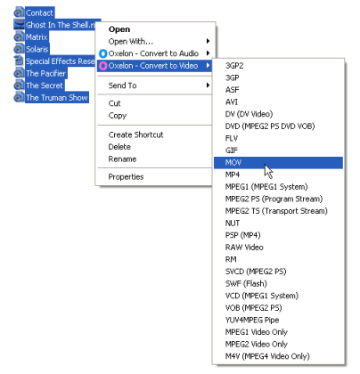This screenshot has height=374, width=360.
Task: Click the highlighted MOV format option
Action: [233, 162]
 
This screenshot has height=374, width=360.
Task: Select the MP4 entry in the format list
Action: [233, 175]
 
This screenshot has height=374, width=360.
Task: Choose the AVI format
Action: [232, 102]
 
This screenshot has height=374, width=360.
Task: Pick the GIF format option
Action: [232, 150]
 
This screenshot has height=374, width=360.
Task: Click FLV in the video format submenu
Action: [232, 138]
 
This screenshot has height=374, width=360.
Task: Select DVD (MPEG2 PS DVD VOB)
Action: [270, 126]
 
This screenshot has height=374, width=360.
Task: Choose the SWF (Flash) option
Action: [246, 283]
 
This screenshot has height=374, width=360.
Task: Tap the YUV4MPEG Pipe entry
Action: [252, 320]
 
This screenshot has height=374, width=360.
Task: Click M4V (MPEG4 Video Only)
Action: [267, 356]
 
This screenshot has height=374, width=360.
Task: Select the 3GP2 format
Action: [234, 66]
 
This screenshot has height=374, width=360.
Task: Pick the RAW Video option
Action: [244, 248]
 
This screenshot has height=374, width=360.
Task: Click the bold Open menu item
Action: [119, 29]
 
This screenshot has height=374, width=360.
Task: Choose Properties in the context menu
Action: [126, 177]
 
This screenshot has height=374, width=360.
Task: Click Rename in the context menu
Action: [122, 159]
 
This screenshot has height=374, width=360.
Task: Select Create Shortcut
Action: [135, 134]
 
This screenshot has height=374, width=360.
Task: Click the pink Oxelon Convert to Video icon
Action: [102, 66]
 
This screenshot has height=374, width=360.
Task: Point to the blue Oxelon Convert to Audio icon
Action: [102, 53]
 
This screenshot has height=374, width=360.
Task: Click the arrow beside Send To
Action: [208, 85]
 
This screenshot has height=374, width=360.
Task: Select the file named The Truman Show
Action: [57, 98]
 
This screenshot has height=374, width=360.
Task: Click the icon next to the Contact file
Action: [19, 12]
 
